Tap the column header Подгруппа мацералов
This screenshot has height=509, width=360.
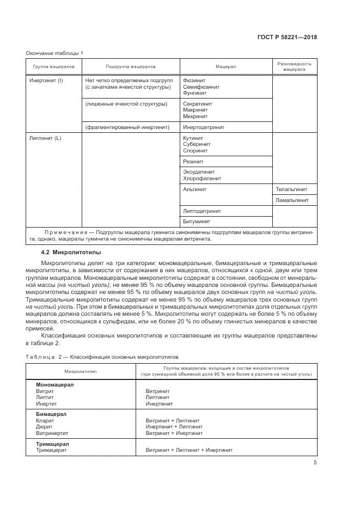pos(131,66)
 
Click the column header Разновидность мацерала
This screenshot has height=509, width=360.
pos(294,66)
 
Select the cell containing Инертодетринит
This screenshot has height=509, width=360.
pos(204,127)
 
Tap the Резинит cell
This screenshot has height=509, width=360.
pos(194,162)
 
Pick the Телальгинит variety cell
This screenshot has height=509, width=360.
pos(292,189)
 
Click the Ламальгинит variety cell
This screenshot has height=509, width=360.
pos(292,200)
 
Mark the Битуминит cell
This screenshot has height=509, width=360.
pos(197,222)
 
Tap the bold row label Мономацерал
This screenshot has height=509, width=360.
pos(54,384)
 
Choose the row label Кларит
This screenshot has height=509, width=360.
pos(44,421)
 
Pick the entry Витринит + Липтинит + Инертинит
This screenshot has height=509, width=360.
pos(189,450)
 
